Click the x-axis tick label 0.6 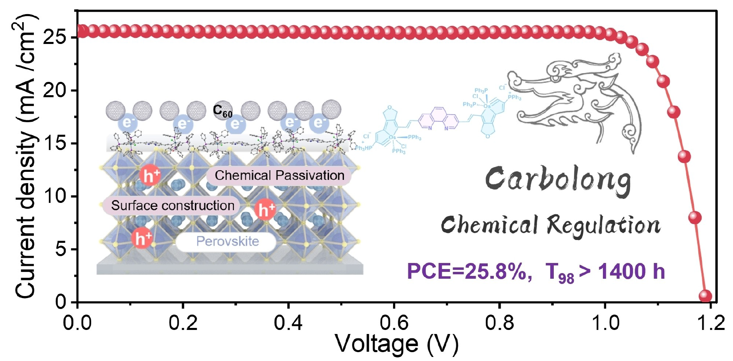pos(393,323)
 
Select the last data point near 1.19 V pos(705,296)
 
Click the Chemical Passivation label pos(279,175)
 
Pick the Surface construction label pos(172,206)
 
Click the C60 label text pos(223,111)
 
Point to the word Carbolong pos(558,179)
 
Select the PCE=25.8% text pos(467,271)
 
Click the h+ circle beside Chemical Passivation pos(151,175)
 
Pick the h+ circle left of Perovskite pos(142,238)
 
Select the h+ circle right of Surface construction pos(265,209)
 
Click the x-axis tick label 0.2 pos(183,323)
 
